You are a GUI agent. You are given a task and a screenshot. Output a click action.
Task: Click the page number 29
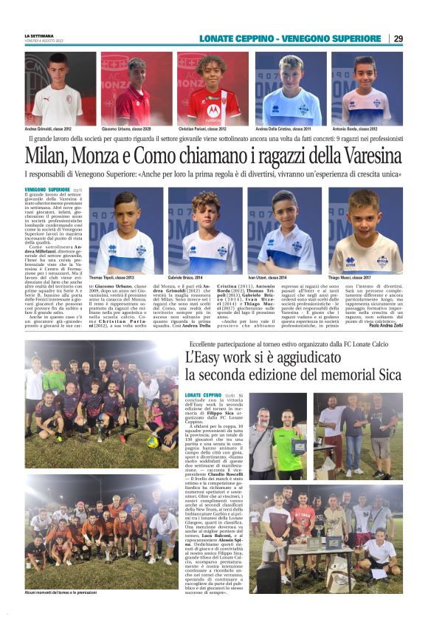point(398,38)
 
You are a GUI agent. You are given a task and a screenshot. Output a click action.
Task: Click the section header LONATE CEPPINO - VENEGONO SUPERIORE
point(279,38)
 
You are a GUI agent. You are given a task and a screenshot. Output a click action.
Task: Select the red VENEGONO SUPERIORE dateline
point(48,190)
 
